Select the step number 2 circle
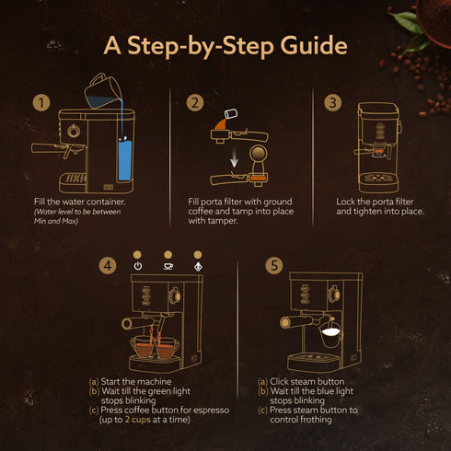[194, 102]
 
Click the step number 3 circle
[333, 102]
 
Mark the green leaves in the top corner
[402, 18]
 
